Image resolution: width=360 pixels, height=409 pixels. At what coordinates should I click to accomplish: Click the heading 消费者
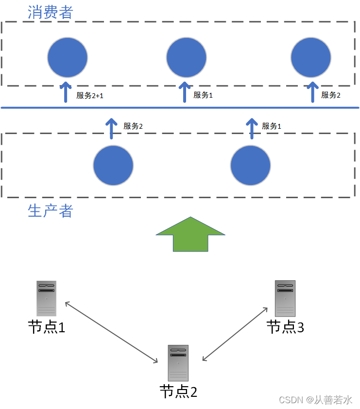click(50, 12)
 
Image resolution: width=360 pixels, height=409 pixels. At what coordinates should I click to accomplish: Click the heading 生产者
click(50, 211)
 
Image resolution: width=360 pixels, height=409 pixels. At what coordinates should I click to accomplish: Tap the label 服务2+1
click(90, 96)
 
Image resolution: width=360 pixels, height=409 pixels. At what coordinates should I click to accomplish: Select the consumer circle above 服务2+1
click(68, 57)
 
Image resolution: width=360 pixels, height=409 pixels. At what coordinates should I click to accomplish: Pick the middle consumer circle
click(187, 57)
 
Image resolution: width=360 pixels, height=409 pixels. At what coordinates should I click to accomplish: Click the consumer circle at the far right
click(311, 57)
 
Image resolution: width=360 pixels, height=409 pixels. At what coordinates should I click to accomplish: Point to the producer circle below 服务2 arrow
click(113, 166)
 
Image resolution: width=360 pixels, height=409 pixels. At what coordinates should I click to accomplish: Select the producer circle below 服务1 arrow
click(251, 166)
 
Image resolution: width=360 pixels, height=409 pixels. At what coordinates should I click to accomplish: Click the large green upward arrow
click(190, 234)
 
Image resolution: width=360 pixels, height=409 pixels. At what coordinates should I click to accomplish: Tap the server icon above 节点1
click(47, 298)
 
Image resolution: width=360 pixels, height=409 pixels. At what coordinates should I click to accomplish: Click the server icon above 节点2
click(178, 362)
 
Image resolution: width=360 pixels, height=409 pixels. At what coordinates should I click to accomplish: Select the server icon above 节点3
click(285, 298)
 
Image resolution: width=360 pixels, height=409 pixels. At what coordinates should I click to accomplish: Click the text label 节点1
click(47, 327)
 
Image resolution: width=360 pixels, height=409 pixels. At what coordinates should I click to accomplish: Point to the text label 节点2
click(178, 392)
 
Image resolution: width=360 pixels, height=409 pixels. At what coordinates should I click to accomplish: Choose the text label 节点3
click(285, 327)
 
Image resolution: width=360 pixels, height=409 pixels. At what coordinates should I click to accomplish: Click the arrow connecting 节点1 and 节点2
click(112, 332)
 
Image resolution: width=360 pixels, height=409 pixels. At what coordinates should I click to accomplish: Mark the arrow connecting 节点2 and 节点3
click(235, 334)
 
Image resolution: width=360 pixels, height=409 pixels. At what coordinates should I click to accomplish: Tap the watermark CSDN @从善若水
click(315, 399)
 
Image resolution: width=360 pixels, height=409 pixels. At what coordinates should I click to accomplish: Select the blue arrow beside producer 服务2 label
click(112, 128)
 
